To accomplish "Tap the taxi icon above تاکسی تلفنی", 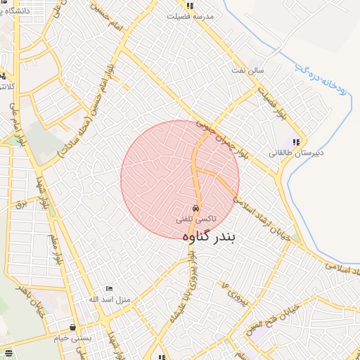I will pyautogui.click(x=195, y=209).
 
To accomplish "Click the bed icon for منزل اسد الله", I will pyautogui.click(x=108, y=289).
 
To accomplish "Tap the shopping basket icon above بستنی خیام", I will pyautogui.click(x=73, y=327).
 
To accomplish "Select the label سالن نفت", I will pyautogui.click(x=250, y=70).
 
